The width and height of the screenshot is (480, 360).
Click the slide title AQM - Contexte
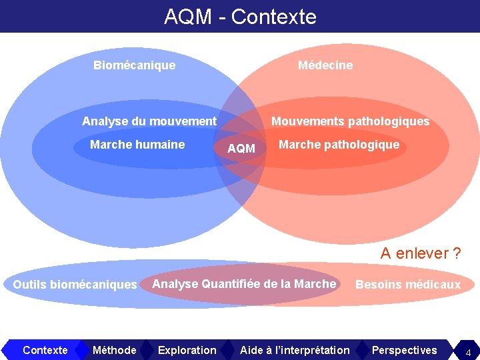[240, 16]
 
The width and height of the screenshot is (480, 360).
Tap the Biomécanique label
[134, 65]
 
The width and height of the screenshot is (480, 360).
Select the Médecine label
[325, 65]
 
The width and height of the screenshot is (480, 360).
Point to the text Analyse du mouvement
[149, 121]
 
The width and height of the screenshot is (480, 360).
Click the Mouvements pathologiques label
[350, 121]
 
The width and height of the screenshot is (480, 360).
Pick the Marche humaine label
[137, 145]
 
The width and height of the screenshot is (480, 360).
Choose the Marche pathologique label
[339, 145]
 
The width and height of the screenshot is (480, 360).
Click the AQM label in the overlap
[241, 149]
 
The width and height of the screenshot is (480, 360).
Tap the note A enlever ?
[420, 253]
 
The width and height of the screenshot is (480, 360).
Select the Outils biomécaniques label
[75, 285]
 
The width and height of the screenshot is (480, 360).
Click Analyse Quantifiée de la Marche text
[244, 284]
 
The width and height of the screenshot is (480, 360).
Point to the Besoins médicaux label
[408, 285]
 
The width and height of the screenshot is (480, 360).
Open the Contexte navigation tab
[45, 350]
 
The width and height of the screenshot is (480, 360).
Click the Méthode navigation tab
[115, 350]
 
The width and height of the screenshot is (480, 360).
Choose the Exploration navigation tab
[187, 350]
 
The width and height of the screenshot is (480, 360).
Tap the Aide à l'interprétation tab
[295, 350]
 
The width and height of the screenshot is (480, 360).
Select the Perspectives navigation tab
[404, 350]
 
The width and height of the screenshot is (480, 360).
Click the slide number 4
[468, 351]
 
